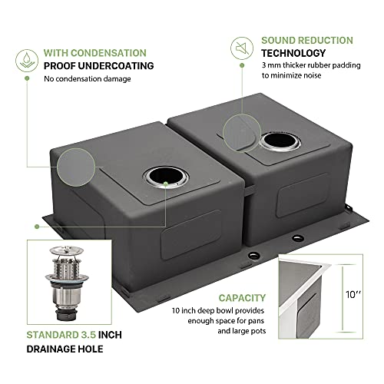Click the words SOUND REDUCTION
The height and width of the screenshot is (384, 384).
pyautogui.click(x=307, y=40)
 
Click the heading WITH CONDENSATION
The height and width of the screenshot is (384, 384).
pyautogui.click(x=95, y=53)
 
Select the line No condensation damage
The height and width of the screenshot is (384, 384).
pyautogui.click(x=89, y=79)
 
